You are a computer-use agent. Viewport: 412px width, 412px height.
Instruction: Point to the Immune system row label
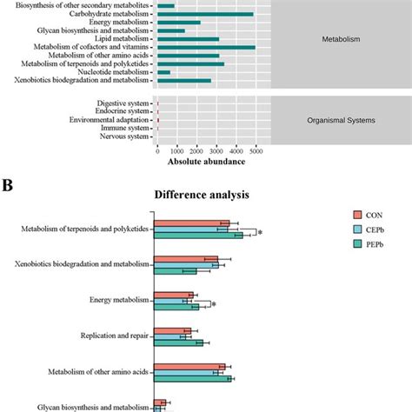click(123, 128)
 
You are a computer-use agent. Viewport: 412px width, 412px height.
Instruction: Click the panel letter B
click(8, 185)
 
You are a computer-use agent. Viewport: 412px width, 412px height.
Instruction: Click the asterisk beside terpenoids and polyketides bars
click(260, 233)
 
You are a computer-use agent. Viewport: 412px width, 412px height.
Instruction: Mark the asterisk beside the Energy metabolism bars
click(213, 304)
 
